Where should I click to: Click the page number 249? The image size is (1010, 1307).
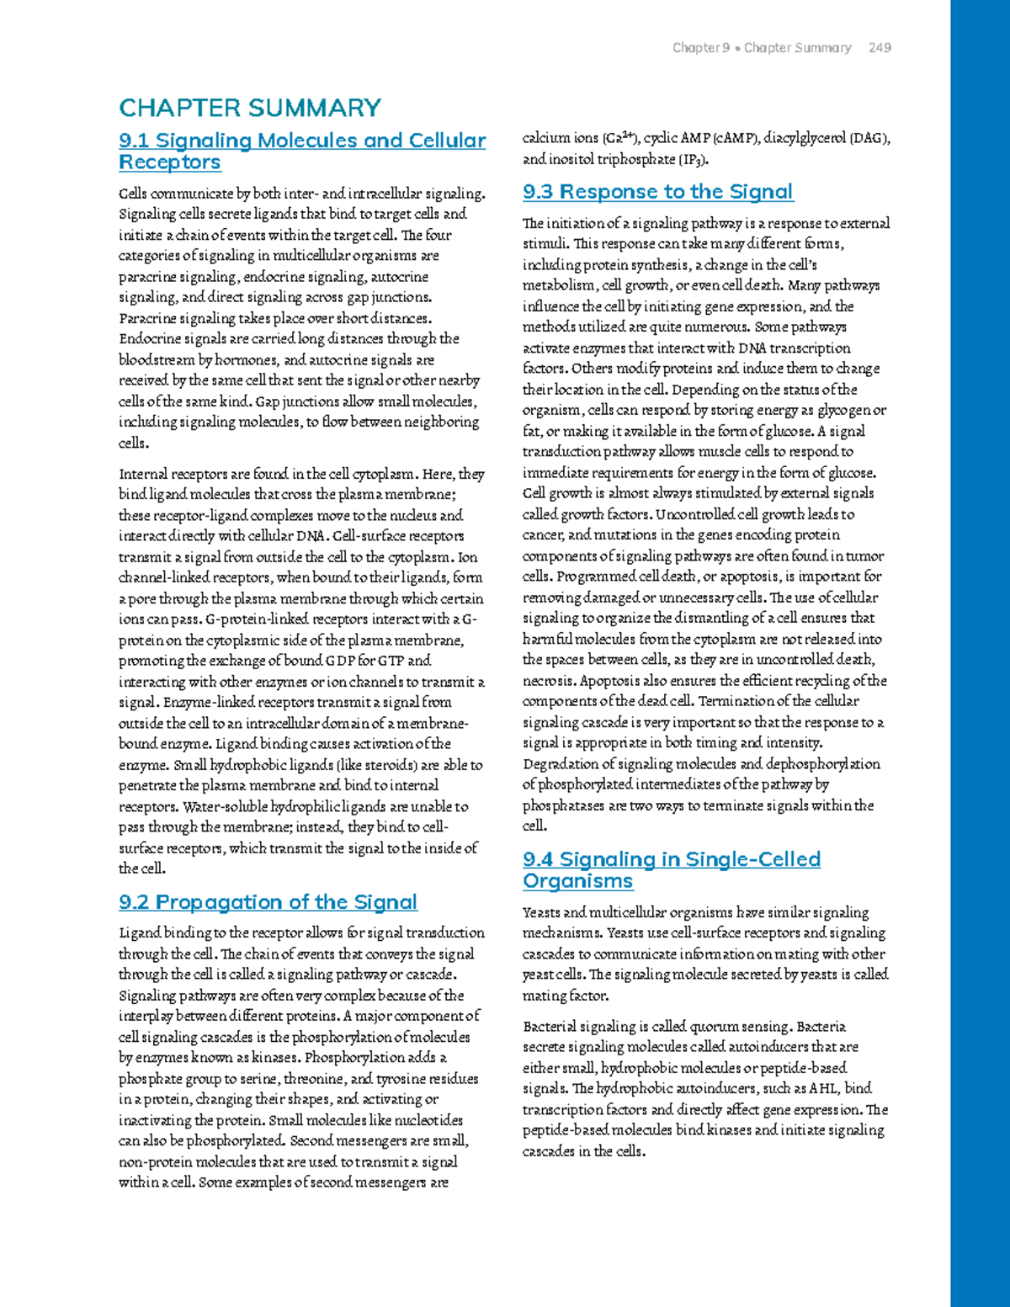[x=880, y=48]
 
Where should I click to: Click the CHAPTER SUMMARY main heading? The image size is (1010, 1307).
[x=250, y=108]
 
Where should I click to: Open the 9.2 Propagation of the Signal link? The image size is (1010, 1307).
[x=268, y=902]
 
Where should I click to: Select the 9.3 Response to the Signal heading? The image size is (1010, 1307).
[x=657, y=192]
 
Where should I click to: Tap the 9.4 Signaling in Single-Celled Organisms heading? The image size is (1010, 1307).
[x=671, y=869]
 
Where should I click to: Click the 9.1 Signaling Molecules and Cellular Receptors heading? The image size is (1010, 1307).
[x=302, y=151]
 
